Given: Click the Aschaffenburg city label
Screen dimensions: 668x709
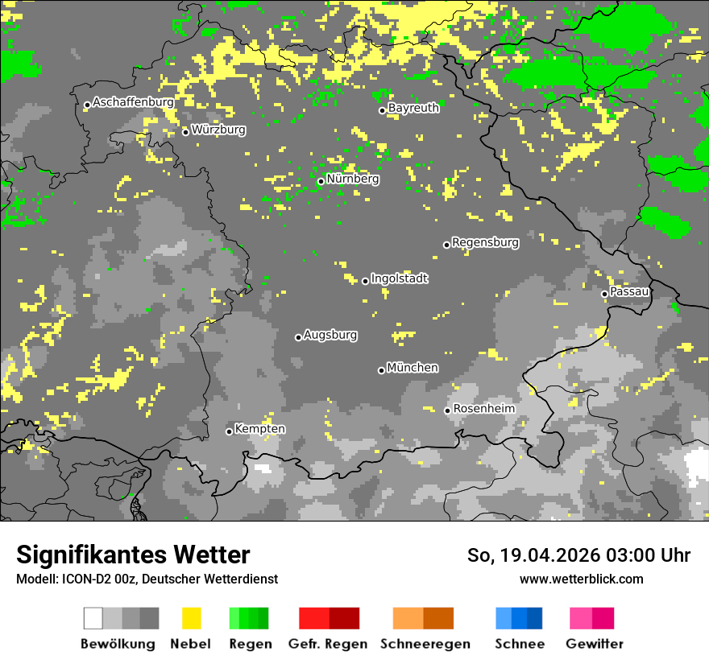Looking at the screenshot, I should [133, 103].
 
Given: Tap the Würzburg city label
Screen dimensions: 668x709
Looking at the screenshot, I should [218, 130].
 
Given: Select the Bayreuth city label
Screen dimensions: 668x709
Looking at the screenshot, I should [413, 108].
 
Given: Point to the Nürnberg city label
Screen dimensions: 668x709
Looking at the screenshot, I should [353, 179].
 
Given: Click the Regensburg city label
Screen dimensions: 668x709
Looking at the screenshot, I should [485, 242].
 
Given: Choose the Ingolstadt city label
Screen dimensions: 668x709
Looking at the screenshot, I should [399, 279].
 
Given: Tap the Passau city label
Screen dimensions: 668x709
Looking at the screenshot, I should [629, 291].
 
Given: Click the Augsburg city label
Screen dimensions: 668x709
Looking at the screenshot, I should [330, 336].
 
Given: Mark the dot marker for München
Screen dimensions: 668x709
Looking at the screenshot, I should [381, 370].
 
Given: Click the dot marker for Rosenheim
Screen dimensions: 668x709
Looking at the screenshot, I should [447, 410].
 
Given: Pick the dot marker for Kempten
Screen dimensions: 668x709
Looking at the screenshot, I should [229, 431].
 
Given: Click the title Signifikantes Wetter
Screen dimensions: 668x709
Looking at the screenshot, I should [133, 555].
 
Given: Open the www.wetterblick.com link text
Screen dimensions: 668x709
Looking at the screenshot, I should [581, 579].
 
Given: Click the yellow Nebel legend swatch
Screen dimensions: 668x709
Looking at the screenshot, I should [191, 618].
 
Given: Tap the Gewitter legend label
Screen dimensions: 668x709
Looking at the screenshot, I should [594, 644].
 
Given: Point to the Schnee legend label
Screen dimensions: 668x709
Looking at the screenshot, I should [519, 644].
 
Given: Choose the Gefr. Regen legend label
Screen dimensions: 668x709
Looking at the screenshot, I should [328, 644].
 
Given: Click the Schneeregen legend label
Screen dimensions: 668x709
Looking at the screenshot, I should [425, 644].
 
